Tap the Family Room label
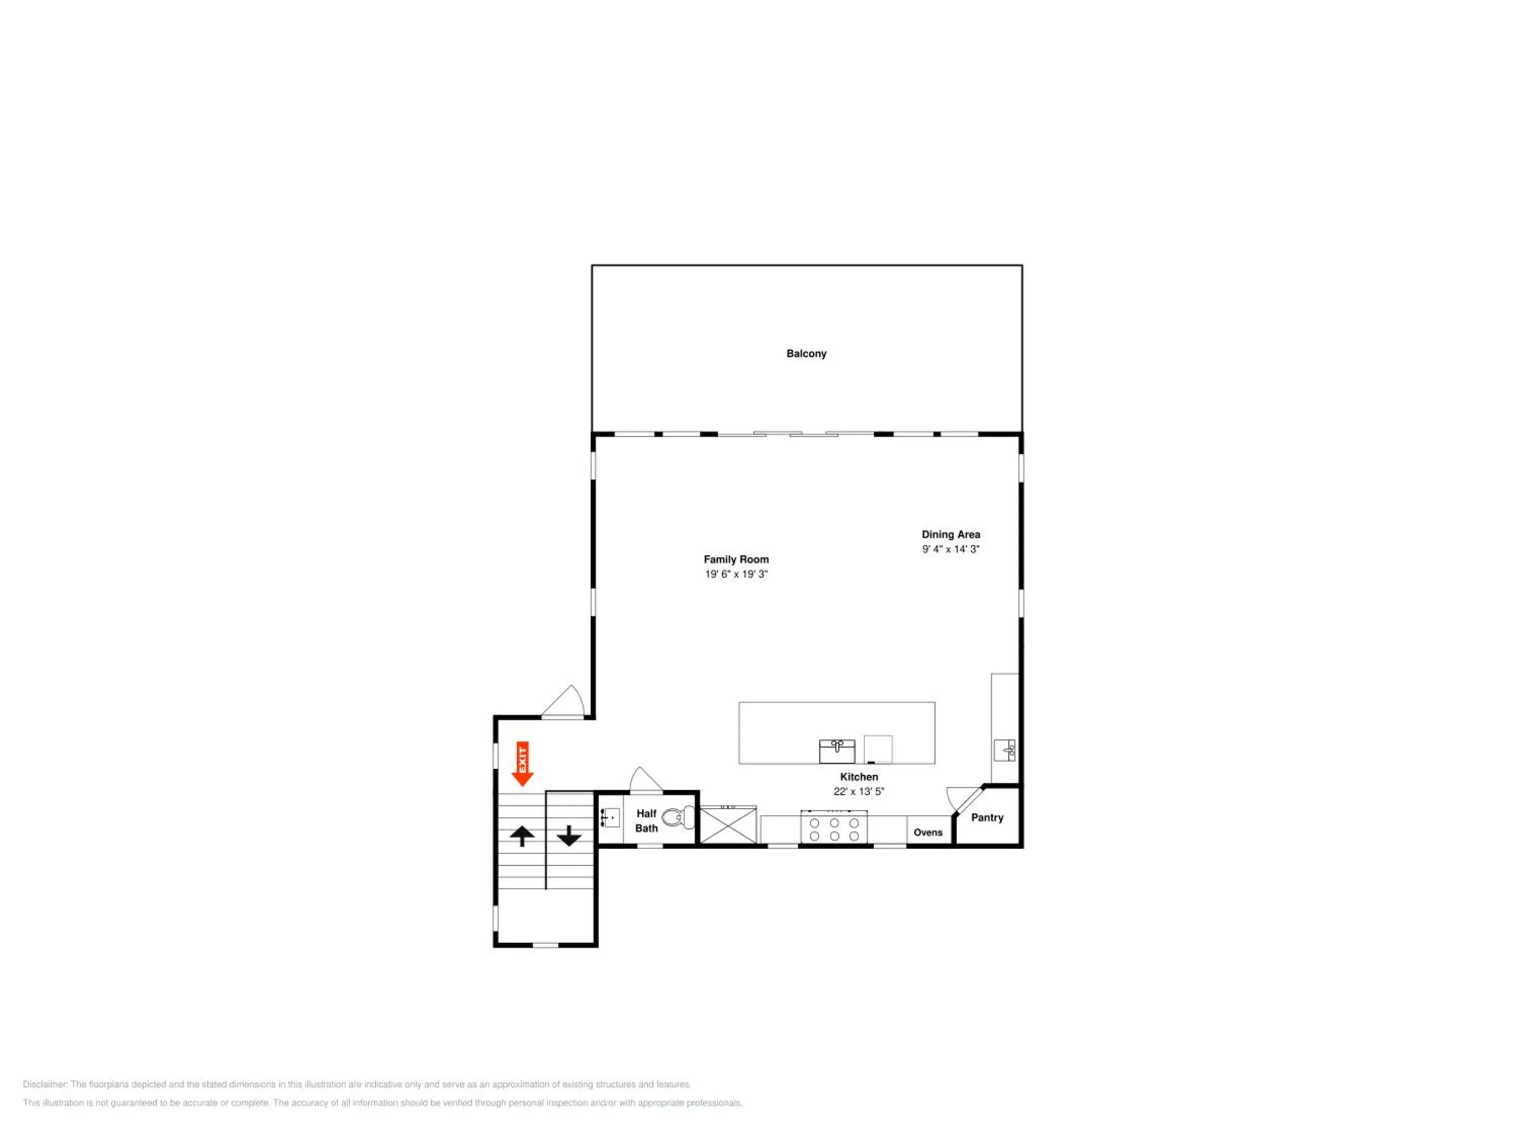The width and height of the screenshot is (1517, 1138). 736,560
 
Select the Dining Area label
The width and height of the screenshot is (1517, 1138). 951,535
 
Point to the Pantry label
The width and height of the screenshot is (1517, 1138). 987,818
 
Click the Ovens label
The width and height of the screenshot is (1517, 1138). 928,833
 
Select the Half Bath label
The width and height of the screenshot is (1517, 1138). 646,821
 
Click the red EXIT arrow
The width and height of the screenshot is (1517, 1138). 522,763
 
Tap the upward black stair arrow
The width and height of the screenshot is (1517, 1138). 522,836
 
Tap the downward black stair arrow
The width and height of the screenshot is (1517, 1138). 568,836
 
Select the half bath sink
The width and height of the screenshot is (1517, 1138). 610,818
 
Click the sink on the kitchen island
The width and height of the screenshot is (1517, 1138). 837,751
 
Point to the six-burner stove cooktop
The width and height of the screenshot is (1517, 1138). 833,828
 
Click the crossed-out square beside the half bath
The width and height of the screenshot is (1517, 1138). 728,825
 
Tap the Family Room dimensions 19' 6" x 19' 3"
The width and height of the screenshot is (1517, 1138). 736,574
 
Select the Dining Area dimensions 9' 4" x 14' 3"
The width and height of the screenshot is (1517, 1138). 951,549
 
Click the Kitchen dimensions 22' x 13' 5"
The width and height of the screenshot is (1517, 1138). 859,792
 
